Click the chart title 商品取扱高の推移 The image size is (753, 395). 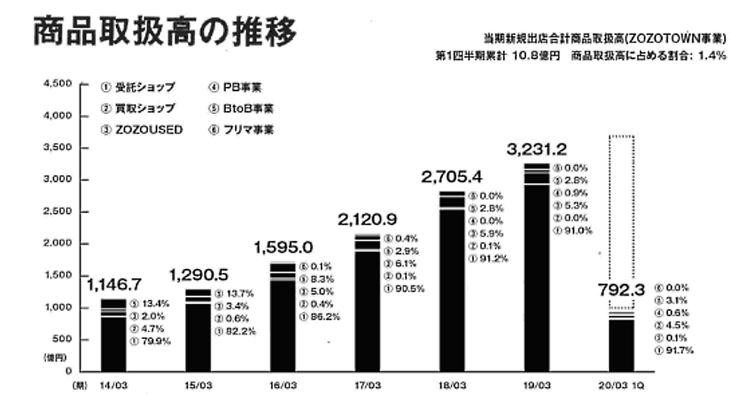[164, 32]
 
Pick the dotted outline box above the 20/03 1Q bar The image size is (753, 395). [622, 219]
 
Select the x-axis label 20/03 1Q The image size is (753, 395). [621, 383]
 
